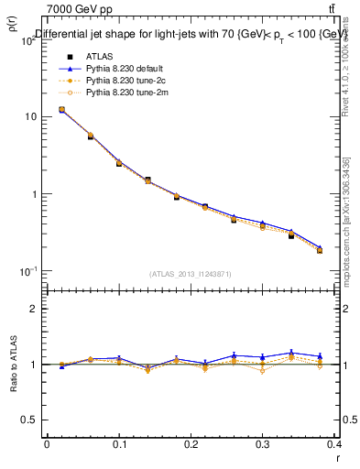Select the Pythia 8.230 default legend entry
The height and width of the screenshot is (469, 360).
(x=125, y=69)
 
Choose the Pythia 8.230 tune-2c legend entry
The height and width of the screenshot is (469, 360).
(x=125, y=81)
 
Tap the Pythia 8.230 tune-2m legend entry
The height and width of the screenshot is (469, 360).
(x=125, y=93)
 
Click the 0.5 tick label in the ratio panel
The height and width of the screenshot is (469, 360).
(x=29, y=420)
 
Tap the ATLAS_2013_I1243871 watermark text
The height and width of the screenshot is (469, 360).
(x=191, y=274)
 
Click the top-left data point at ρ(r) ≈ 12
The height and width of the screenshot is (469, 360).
(x=61, y=110)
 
